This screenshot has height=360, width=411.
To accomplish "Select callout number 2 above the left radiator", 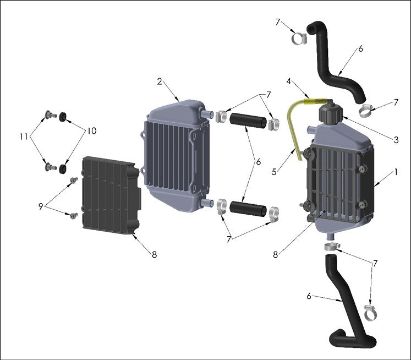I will pos(159,81).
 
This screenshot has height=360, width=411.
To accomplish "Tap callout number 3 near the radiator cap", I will pos(396,140).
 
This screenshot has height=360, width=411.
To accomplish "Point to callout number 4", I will pos(288,81).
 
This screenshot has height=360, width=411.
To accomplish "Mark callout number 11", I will pos(23,135).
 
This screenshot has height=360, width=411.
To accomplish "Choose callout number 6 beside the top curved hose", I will pos(360,48).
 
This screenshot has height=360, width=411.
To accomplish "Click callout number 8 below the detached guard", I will pos(155,255).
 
